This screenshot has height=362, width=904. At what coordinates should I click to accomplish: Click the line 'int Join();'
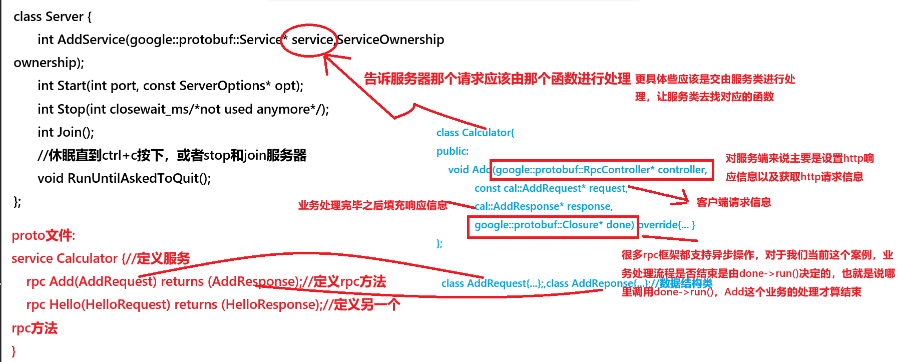tap(66, 132)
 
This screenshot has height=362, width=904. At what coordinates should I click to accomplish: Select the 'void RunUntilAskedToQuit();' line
tap(124, 178)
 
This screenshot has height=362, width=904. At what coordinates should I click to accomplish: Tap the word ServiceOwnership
tap(390, 40)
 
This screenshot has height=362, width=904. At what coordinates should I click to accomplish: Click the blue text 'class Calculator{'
tap(475, 133)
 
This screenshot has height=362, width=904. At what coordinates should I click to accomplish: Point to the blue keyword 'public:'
tap(453, 151)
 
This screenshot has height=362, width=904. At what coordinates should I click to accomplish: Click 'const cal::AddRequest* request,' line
tap(551, 188)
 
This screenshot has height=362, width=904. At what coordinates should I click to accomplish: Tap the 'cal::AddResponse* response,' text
tap(544, 206)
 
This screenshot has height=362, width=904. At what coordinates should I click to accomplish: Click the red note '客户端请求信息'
tap(733, 202)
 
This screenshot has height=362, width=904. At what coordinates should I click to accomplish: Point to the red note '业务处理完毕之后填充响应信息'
tap(372, 205)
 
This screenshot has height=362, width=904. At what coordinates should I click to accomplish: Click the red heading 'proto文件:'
tap(44, 235)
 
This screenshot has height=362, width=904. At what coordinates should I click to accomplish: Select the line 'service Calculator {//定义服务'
tap(101, 258)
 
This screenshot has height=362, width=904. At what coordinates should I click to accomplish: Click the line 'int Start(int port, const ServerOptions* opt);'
tap(170, 86)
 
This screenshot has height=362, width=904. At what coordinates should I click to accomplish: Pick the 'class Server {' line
tap(53, 17)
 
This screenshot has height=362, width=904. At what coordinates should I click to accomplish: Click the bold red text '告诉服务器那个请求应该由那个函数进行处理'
tap(497, 79)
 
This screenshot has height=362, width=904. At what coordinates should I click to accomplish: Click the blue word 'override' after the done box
tap(659, 225)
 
